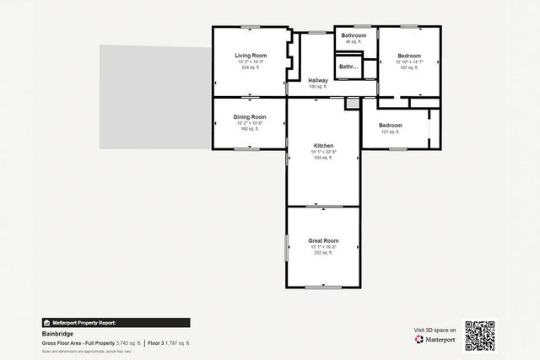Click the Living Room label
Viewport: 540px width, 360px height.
pyautogui.click(x=250, y=56)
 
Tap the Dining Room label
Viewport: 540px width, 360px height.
pyautogui.click(x=250, y=116)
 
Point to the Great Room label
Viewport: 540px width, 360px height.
pyautogui.click(x=323, y=240)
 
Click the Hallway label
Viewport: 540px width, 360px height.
pyautogui.click(x=317, y=81)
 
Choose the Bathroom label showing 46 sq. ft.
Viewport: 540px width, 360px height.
pyautogui.click(x=353, y=35)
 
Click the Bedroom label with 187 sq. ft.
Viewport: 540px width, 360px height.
pyautogui.click(x=408, y=56)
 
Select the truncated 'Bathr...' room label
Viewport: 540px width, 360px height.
pyautogui.click(x=348, y=66)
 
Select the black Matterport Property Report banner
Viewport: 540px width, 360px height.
pyautogui.click(x=116, y=322)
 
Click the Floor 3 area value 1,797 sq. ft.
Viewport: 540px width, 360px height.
pyautogui.click(x=177, y=343)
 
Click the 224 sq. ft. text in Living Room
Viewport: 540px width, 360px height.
pyautogui.click(x=250, y=67)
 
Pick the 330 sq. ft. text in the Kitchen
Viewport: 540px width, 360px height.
pyautogui.click(x=323, y=157)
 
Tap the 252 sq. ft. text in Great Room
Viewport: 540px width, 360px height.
pyautogui.click(x=323, y=252)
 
